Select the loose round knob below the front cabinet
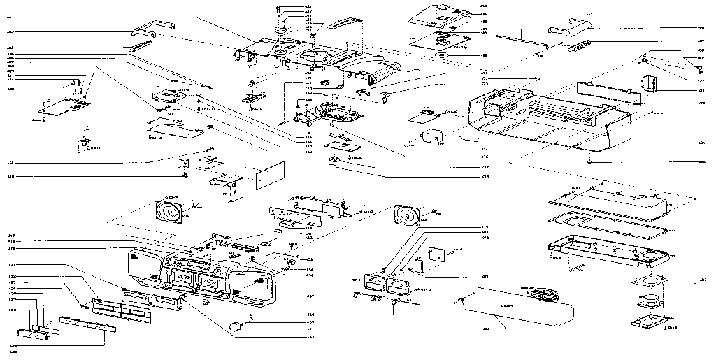236,326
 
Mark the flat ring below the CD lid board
441,54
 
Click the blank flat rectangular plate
269,177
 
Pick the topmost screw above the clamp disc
280,8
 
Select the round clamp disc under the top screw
283,31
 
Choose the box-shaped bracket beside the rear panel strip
650,83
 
